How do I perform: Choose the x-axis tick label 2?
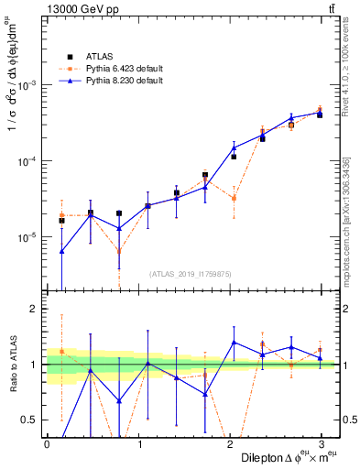(x=234, y=444)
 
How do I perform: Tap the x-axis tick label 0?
(x=47, y=444)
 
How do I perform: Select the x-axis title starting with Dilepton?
(x=284, y=457)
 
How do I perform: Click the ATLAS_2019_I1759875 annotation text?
(x=191, y=274)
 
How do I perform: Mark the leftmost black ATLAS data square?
(x=61, y=221)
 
